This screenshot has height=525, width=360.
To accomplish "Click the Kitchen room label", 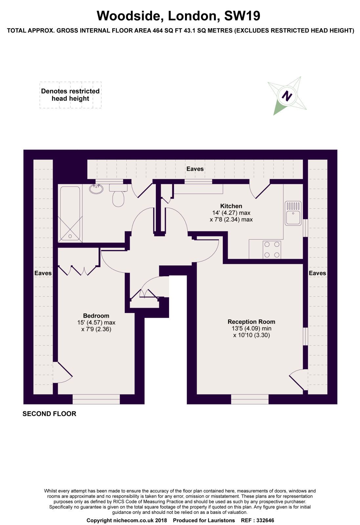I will pyautogui.click(x=231, y=206).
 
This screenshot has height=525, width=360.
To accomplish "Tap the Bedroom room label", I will pyautogui.click(x=96, y=316).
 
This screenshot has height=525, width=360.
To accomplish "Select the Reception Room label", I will pyautogui.click(x=251, y=322).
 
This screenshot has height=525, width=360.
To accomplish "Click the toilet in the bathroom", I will pyautogui.click(x=118, y=198).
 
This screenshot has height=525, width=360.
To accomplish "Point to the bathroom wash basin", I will pyautogui.click(x=97, y=189).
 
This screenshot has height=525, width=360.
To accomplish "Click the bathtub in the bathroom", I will pyautogui.click(x=70, y=214).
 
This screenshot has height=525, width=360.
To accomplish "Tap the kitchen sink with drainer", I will pyautogui.click(x=293, y=213).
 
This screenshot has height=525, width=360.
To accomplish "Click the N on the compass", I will pyautogui.click(x=287, y=96).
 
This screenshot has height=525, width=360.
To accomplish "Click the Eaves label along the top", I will pyautogui.click(x=195, y=169).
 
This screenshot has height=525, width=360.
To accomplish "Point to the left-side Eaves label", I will pyautogui.click(x=43, y=273).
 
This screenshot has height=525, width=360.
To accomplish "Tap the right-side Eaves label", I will pyautogui.click(x=317, y=273).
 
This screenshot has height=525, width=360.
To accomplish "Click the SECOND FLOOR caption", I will pyautogui.click(x=49, y=414).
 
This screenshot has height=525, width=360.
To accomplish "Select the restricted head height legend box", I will pyautogui.click(x=70, y=95).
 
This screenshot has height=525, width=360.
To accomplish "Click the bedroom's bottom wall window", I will pyautogui.click(x=96, y=399).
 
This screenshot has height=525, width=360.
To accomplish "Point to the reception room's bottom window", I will pyautogui.click(x=250, y=399).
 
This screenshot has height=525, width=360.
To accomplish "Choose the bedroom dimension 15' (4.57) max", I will pyautogui.click(x=96, y=323).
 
